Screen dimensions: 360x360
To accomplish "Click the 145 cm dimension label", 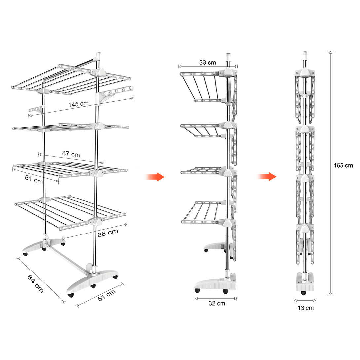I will pyautogui.click(x=79, y=104).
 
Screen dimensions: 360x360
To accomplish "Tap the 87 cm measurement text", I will pyautogui.click(x=71, y=154).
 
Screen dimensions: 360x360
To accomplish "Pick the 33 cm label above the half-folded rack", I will pyautogui.click(x=207, y=62).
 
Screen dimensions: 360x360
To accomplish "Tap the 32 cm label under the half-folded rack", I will pyautogui.click(x=217, y=304).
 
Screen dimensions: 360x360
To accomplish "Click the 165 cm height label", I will pyautogui.click(x=343, y=166).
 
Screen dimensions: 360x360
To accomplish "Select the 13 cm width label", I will pyautogui.click(x=305, y=308).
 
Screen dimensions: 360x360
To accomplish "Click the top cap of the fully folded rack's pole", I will pyautogui.click(x=305, y=54).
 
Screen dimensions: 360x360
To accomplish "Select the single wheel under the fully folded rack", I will pyautogui.click(x=304, y=293).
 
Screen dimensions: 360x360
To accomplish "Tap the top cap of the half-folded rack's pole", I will pyautogui.click(x=228, y=55).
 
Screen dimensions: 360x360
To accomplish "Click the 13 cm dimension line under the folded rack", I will pyautogui.click(x=305, y=300).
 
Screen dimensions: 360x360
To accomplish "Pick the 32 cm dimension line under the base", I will pyautogui.click(x=216, y=298).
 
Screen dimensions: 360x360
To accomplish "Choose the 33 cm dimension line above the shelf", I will pyautogui.click(x=208, y=66).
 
